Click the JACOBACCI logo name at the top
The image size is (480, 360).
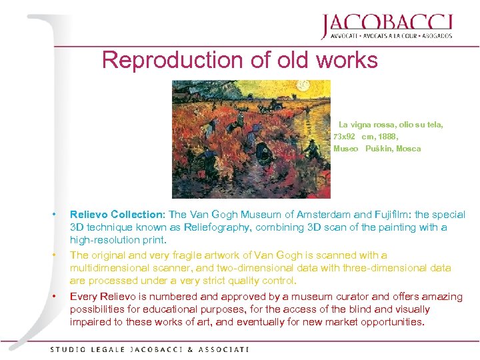click(386, 24)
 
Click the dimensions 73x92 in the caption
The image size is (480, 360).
click(345, 136)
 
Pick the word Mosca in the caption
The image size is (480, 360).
click(409, 149)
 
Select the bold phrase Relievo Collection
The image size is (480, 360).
click(117, 215)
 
